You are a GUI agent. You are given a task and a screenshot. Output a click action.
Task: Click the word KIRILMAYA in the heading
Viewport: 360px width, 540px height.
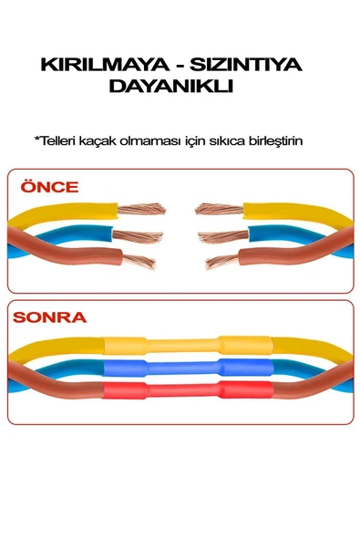(x=105, y=65)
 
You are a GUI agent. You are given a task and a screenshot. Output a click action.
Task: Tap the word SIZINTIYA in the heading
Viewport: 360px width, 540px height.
(x=246, y=65)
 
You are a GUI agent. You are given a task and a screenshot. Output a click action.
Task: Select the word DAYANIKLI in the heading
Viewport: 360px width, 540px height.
(x=171, y=86)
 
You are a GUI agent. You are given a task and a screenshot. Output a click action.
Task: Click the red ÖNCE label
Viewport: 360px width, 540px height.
(x=49, y=186)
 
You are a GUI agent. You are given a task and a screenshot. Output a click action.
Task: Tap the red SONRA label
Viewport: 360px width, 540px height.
(x=49, y=317)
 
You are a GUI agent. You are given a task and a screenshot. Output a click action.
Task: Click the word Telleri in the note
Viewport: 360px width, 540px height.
(x=55, y=140)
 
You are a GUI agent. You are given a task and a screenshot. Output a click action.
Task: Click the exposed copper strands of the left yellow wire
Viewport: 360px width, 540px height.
(x=141, y=209)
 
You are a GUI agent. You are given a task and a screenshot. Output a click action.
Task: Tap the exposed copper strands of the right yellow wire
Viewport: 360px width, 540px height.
(x=220, y=209)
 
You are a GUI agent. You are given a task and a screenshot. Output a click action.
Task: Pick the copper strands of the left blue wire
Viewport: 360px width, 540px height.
(x=137, y=236)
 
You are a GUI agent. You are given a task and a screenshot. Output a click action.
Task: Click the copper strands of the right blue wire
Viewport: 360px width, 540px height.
(x=223, y=236)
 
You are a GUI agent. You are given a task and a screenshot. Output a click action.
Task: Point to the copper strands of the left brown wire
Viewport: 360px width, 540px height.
(x=139, y=261)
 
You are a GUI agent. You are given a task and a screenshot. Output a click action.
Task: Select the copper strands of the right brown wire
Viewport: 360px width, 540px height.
(x=222, y=262)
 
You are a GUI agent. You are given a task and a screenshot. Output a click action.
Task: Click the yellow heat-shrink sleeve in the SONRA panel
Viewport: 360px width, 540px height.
(x=188, y=345)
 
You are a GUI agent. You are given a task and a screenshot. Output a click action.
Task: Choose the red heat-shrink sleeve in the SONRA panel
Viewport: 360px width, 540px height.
(x=188, y=390)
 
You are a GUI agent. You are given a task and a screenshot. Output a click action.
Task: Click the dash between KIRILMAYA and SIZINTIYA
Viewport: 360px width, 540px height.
(x=180, y=66)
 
